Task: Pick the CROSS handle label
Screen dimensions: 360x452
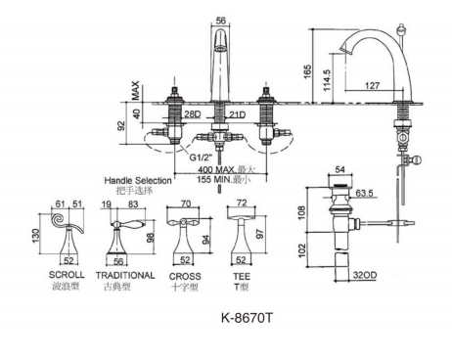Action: click(187, 277)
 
